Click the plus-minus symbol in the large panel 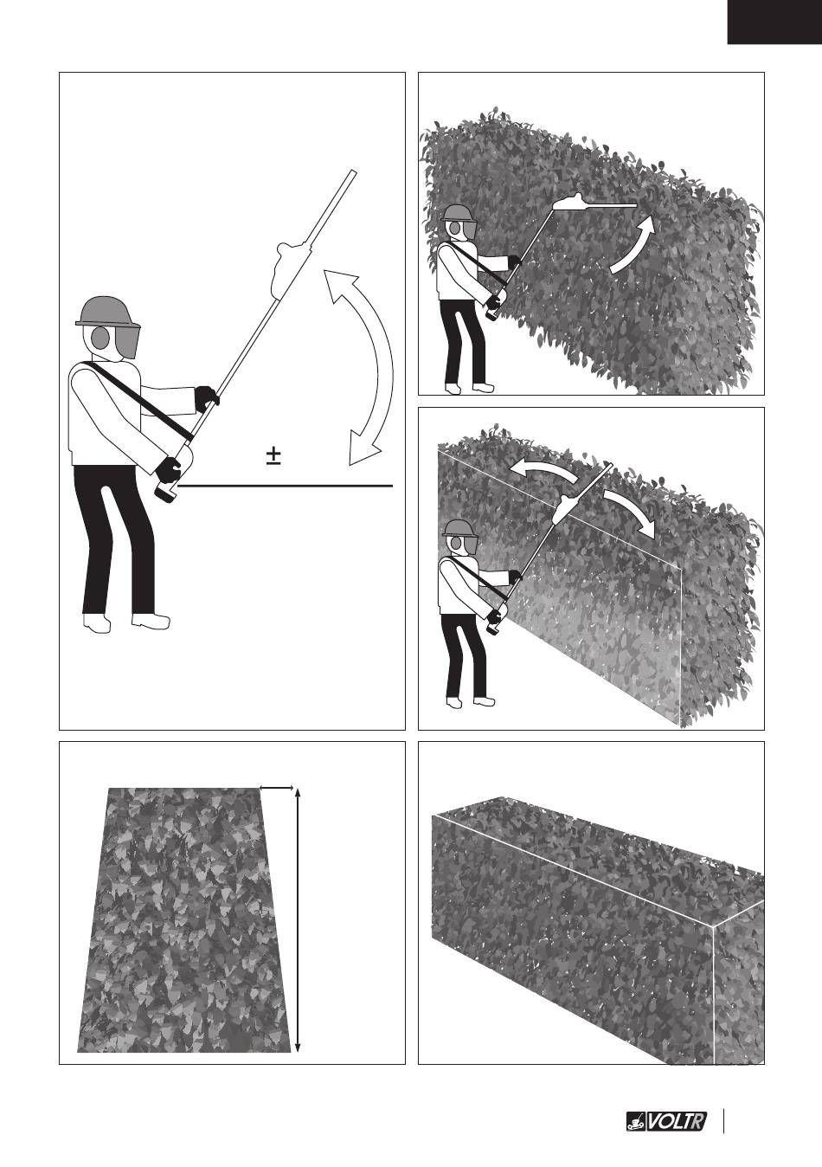coord(273,456)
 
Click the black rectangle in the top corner coord(774,22)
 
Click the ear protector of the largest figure coord(99,338)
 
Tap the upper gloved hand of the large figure coord(207,398)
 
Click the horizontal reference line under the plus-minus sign coord(285,486)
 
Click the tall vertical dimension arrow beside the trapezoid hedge coord(298,930)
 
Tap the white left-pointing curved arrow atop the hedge coord(544,469)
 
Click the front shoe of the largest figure coord(151,620)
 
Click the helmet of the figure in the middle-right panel coord(459,528)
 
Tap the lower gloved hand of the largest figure coord(168,469)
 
